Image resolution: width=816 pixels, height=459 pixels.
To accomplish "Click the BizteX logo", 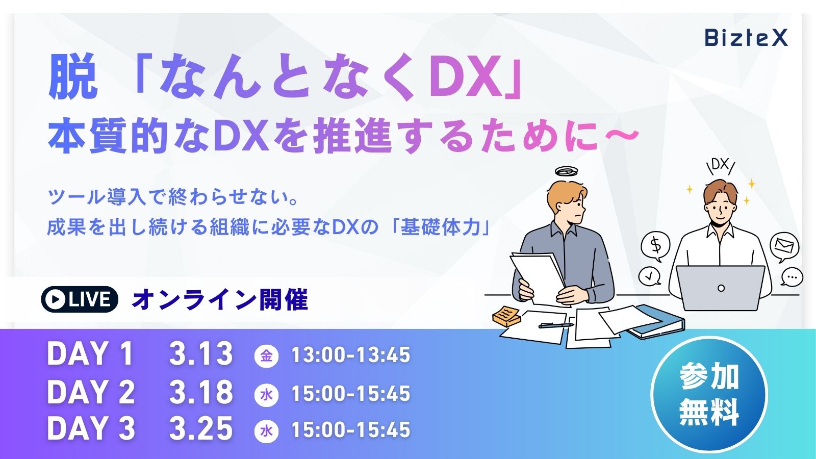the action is (746, 38).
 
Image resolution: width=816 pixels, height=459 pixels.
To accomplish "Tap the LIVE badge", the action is (80, 299).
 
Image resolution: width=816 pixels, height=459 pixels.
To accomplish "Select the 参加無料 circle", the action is (709, 395).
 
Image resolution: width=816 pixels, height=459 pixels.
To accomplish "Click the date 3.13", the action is (201, 354).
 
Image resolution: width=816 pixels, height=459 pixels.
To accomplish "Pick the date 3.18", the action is (201, 392).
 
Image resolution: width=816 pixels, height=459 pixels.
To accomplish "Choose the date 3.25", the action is (201, 428).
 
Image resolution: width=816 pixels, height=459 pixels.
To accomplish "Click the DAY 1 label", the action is (90, 354).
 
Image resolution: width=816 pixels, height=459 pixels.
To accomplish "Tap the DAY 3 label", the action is (91, 428).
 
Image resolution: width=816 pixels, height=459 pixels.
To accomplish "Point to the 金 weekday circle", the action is (266, 355).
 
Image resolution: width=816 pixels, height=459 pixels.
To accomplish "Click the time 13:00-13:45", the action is (351, 355).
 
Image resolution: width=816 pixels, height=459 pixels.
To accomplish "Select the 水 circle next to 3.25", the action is (266, 431).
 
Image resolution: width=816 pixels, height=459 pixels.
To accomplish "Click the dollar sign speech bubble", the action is (656, 246).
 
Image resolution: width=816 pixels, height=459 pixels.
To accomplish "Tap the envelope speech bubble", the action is (784, 247).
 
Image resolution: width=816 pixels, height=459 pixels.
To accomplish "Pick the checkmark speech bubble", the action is (650, 276).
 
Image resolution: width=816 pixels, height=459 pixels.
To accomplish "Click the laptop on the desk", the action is (721, 288).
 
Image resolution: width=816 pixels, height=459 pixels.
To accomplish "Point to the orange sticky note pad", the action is (506, 316).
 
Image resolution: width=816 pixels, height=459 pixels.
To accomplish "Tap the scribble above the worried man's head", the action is (567, 171).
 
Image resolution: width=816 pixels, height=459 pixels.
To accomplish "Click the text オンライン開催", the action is (220, 300).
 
